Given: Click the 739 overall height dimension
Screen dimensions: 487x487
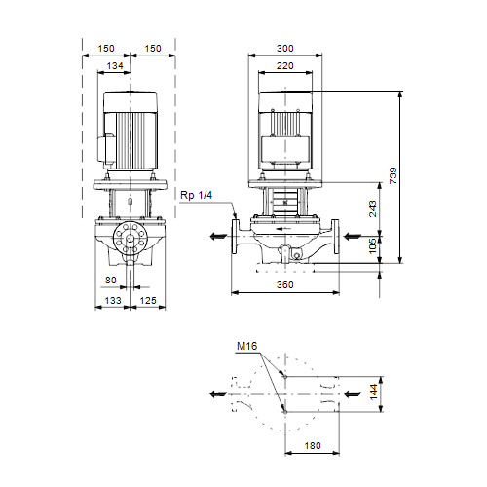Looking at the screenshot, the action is point(393,175).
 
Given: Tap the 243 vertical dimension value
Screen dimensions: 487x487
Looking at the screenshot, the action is point(373,208).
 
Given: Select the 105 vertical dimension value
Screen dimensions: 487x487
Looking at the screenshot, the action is point(373,245).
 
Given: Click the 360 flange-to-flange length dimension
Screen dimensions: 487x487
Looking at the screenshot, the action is point(285,284).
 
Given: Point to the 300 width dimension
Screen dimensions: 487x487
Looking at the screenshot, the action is point(285,48).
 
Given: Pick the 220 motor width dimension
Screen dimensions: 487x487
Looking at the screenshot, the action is point(285,65).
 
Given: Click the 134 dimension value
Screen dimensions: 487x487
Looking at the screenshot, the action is point(115,65).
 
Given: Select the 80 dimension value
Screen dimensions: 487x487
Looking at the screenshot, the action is point(111,280).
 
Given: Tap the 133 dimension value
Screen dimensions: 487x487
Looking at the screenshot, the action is point(113,300).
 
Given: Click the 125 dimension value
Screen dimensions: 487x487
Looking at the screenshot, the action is point(148,300).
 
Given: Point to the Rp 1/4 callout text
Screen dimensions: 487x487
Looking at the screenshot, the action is point(196,195).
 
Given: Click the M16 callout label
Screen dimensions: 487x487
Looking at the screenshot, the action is point(246,346).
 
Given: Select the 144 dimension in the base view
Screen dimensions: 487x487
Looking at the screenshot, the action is point(374,392).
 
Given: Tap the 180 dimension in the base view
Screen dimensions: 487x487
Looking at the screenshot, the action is point(313,445).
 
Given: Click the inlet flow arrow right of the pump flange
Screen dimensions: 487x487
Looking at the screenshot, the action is point(353,237).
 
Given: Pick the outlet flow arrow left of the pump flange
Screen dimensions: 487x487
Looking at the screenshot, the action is point(218,237).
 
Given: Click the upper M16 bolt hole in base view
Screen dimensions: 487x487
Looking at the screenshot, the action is point(285,377).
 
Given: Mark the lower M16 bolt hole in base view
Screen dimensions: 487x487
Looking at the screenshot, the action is point(285,412).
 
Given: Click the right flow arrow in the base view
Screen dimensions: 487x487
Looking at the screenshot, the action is point(353,394).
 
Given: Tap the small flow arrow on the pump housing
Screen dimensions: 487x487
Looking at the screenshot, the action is point(283,229).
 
